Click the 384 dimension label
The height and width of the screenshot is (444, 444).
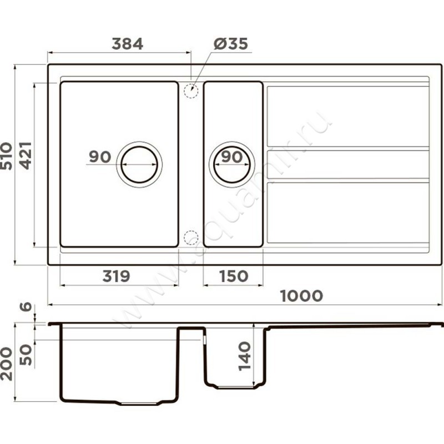pos(128,44)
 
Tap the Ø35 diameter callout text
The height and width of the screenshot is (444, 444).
pos(231,44)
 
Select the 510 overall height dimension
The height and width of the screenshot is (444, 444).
pos(7,156)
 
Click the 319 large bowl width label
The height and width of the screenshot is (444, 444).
pos(116,276)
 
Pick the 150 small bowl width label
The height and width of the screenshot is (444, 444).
pos(234,276)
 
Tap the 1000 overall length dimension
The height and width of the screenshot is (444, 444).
pos(301,296)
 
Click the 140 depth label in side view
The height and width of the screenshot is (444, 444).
pos(244,356)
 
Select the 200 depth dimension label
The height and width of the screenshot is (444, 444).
pos(7,364)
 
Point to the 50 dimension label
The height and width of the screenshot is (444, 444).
pos(26,355)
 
